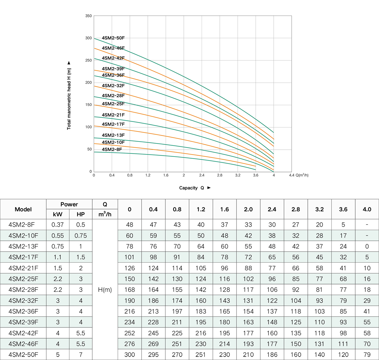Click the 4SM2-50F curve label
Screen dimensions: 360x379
[113, 38]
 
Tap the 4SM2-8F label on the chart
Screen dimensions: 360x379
[112, 150]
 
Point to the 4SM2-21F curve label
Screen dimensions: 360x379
[113, 115]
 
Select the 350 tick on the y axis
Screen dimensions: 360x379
[89, 16]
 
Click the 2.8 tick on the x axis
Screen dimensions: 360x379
[220, 175]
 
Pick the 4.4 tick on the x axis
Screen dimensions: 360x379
[291, 175]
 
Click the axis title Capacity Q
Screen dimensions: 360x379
[191, 188]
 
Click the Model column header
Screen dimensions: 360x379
[23, 209]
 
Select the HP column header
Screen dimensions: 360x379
[81, 214]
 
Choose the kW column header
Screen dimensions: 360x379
[58, 214]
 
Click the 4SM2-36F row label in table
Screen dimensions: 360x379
[23, 312]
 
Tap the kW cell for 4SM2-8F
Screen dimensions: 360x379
[58, 225]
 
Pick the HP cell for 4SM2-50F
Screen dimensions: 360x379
[81, 355]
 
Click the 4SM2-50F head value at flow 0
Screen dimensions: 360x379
[130, 355]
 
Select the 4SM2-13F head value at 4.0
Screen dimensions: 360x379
[367, 246]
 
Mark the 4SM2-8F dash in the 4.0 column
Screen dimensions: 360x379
[367, 225]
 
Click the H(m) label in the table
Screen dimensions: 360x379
[105, 290]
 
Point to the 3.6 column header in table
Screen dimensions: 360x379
[343, 209]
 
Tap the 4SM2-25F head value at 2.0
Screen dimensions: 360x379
[248, 279]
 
